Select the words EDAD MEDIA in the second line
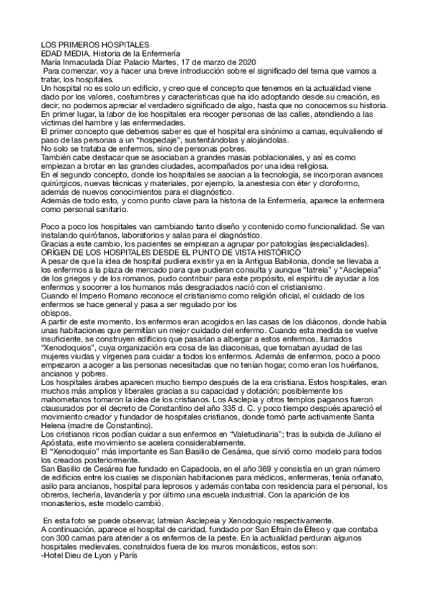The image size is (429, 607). click(61, 54)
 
